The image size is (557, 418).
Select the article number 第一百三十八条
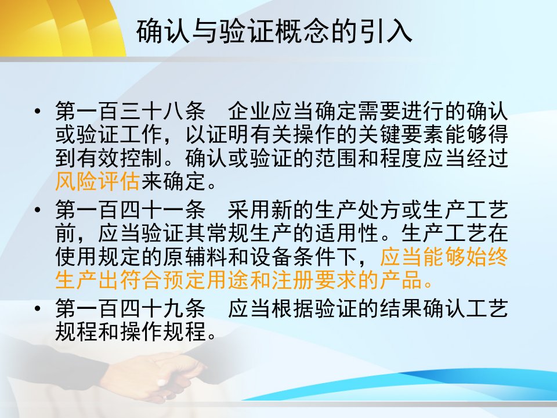(x=131, y=111)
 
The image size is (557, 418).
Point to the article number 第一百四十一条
(x=131, y=210)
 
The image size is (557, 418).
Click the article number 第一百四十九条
(x=131, y=308)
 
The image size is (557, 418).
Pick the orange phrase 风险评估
(x=97, y=181)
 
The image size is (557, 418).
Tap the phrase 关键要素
(x=400, y=134)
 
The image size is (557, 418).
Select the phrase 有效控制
(x=120, y=158)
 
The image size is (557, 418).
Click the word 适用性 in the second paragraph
(x=346, y=233)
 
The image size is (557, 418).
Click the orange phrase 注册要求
(x=314, y=280)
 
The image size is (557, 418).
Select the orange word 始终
(x=487, y=256)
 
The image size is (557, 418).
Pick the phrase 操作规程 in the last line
(x=163, y=331)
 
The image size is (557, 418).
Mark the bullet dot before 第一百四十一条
(x=38, y=210)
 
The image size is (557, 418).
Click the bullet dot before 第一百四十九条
(x=38, y=308)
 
